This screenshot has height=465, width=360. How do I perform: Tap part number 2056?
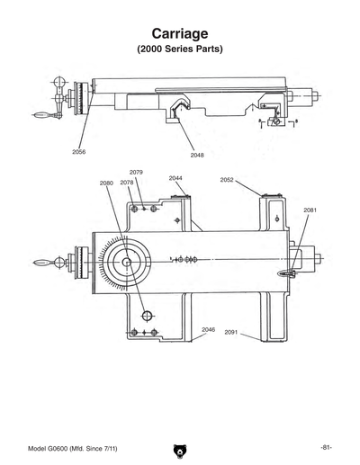[x=79, y=152]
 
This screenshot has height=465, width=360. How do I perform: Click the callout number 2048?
[x=197, y=155]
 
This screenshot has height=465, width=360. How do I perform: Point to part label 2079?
[x=136, y=172]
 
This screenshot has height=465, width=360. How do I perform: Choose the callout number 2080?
[x=106, y=183]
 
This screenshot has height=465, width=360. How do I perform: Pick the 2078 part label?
[x=127, y=183]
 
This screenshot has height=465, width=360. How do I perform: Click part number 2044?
[x=176, y=178]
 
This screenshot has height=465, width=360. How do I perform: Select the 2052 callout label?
[x=227, y=180]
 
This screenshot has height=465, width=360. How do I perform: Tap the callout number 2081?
[x=310, y=210]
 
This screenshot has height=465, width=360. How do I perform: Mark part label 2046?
[x=208, y=329]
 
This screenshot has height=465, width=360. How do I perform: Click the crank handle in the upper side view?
[x=45, y=114]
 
